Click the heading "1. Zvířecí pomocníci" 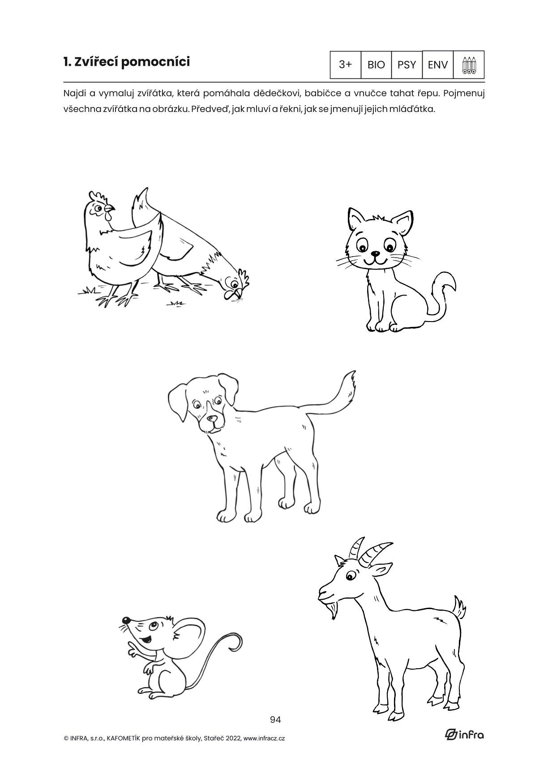tap(126, 62)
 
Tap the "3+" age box tap(346, 64)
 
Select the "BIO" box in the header tap(376, 64)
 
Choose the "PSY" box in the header tap(407, 64)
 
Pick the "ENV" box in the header tap(438, 64)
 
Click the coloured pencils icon tap(469, 65)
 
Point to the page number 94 tap(275, 719)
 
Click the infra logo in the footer tap(464, 734)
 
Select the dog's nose tap(213, 419)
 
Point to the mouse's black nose tap(126, 621)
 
